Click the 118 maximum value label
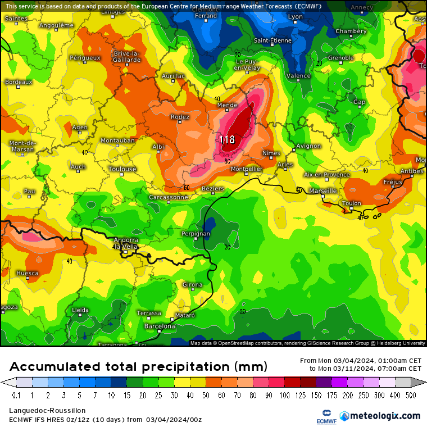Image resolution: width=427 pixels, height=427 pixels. coord(227,139)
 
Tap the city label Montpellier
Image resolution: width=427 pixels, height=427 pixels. coord(246,169)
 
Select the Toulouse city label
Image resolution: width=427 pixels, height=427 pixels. coord(122,169)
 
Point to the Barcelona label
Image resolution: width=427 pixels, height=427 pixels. coord(160,326)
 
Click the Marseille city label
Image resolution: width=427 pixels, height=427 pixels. coord(323,191)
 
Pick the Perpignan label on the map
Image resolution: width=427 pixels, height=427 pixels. coord(196,234)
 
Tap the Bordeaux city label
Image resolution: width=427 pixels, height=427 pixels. coord(19,82)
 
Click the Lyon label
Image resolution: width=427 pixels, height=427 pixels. coord(296,17)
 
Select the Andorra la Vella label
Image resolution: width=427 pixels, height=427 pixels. coord(126,243)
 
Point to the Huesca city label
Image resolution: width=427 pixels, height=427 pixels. coord(28,274)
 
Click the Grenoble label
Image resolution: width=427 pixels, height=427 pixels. coord(340,58)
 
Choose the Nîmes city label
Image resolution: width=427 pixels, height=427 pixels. coord(271,153)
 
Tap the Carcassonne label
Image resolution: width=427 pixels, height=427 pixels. coord(168,198)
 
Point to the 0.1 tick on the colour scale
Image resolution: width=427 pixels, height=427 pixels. coord(16,396)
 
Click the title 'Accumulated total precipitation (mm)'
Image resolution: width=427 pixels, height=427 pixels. coord(138,367)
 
